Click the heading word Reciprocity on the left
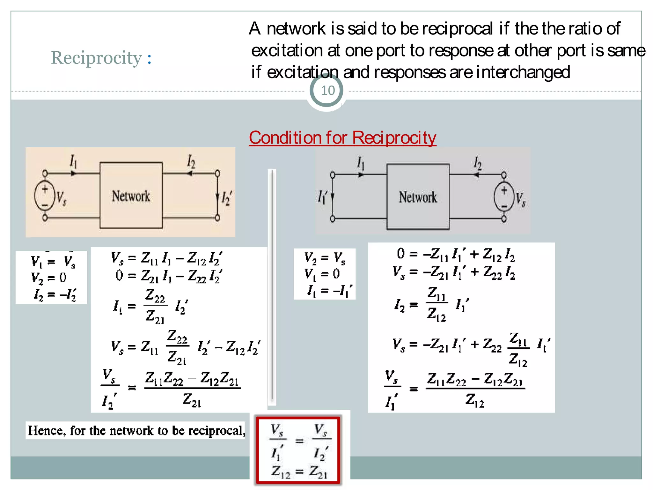(96, 58)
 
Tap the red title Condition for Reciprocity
(342, 138)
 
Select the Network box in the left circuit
(131, 196)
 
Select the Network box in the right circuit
(418, 197)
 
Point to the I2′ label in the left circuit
(227, 198)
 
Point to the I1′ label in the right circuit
(322, 197)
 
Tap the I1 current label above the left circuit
(73, 161)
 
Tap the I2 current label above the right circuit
(477, 163)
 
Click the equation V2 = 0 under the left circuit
(48, 278)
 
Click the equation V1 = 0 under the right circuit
(322, 274)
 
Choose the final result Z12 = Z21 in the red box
(299, 471)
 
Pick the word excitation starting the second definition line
(287, 51)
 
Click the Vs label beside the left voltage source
(61, 198)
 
